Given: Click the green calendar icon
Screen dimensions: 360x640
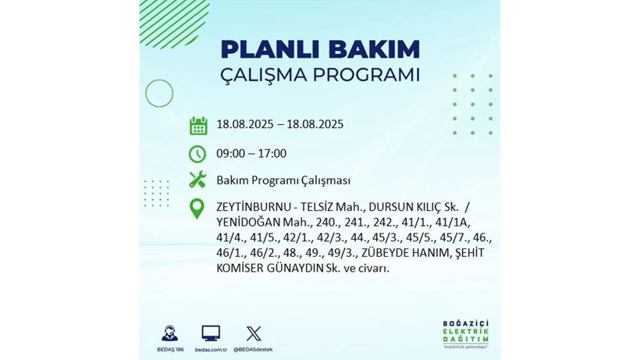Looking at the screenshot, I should click(x=197, y=125).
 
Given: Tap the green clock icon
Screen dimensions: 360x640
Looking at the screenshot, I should click(x=197, y=153).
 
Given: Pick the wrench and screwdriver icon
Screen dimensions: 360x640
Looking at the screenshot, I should click(x=197, y=180).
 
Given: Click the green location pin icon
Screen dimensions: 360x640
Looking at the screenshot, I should click(x=197, y=209).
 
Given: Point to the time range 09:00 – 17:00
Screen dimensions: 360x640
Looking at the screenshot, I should click(x=251, y=153).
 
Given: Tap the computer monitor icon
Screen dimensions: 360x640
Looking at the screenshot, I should click(x=211, y=333).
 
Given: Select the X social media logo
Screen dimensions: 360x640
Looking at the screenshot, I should click(x=253, y=333).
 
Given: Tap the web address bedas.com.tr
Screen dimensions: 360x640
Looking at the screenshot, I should click(x=211, y=349).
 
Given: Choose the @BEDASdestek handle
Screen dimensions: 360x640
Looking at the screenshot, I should click(x=253, y=349).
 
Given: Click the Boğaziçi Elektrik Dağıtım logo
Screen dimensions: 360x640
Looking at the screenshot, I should click(x=464, y=334).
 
